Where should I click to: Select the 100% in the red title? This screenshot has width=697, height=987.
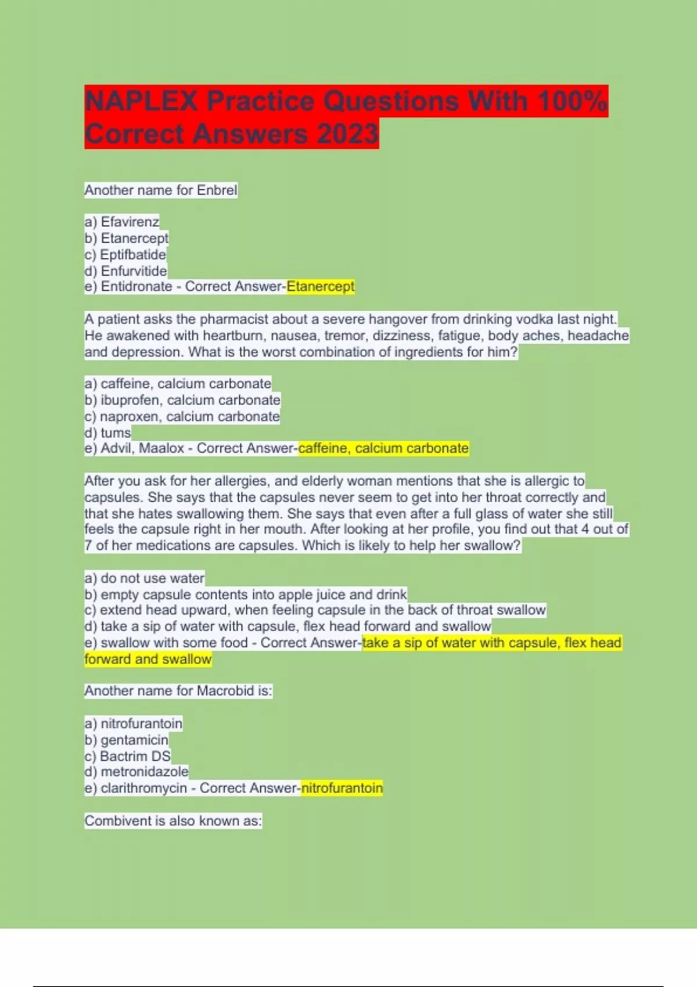click(x=572, y=101)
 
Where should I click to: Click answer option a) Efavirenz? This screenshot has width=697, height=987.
click(x=122, y=222)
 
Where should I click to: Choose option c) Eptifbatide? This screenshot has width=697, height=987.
click(x=125, y=254)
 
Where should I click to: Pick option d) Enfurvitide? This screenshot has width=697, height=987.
click(x=126, y=271)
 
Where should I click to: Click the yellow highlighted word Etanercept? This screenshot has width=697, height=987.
click(x=321, y=287)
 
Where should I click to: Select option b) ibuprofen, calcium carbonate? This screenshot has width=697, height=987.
click(x=182, y=400)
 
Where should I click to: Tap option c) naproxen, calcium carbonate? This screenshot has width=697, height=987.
click(x=182, y=416)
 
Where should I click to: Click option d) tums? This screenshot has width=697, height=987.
click(x=108, y=433)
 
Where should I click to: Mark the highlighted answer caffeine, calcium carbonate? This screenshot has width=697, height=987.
click(x=383, y=448)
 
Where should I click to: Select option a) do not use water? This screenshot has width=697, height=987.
click(x=145, y=578)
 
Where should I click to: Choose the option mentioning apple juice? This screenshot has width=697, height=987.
click(x=246, y=595)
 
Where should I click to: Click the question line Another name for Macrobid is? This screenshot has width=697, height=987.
click(x=178, y=691)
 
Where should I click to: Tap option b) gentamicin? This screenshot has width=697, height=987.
click(x=127, y=740)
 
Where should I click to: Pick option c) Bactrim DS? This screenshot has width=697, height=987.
click(x=128, y=756)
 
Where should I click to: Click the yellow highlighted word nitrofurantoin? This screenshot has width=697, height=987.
click(x=342, y=788)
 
